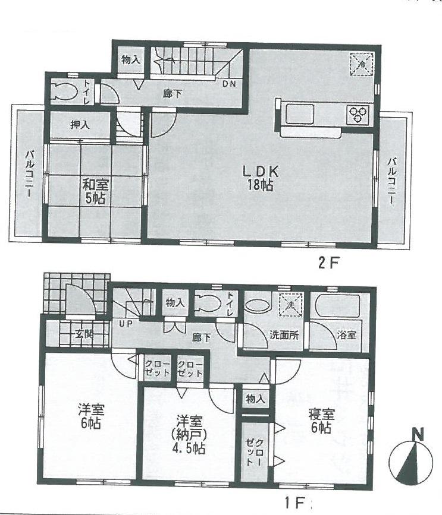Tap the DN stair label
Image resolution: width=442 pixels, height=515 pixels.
[229, 84]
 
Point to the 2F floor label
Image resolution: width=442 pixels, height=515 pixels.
[328, 262]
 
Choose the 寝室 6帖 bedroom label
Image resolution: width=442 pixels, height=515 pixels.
[321, 420]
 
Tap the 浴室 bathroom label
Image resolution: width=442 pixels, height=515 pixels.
[347, 335]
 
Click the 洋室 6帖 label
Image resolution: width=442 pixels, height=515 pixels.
[90, 416]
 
